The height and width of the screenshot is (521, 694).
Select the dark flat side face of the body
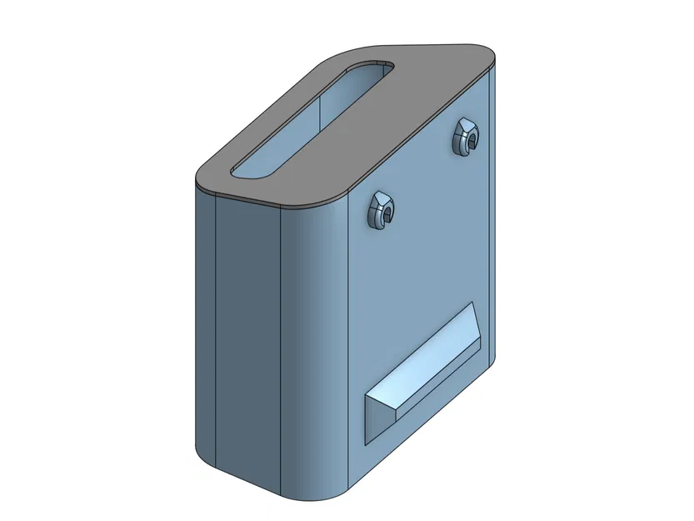pos(250,333)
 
